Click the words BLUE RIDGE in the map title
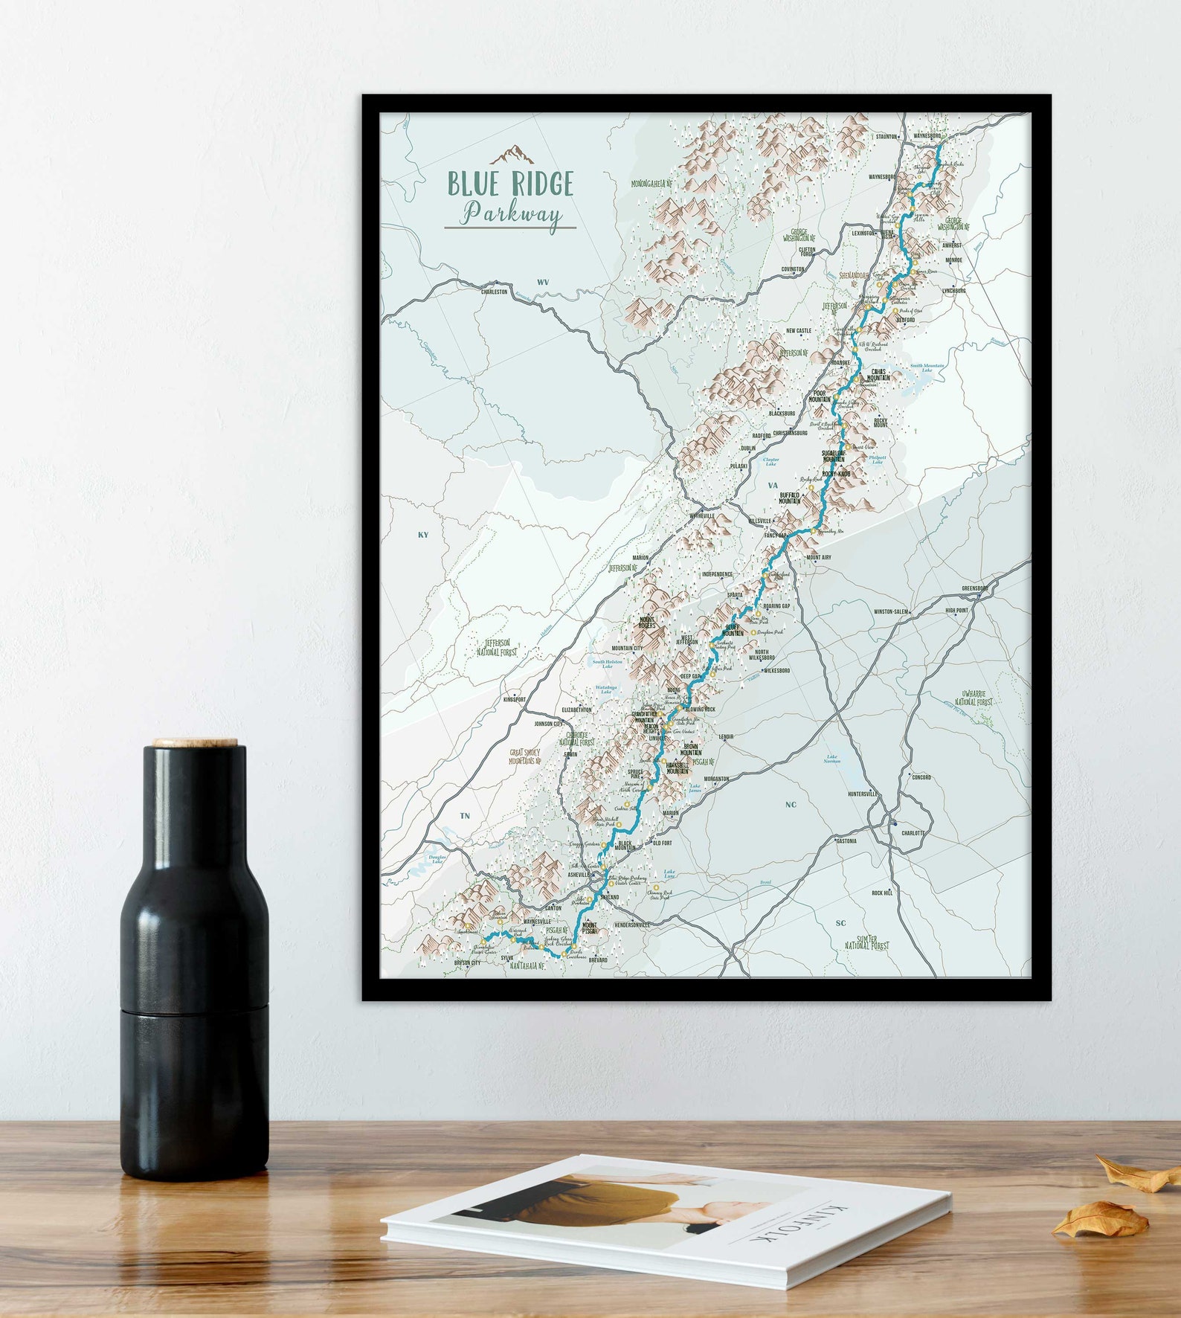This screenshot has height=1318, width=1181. (x=510, y=184)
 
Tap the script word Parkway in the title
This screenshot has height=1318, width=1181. (x=511, y=214)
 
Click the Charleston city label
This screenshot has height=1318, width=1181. (x=495, y=292)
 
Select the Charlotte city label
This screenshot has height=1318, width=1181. (x=913, y=833)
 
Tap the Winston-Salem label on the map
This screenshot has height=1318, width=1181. (x=891, y=612)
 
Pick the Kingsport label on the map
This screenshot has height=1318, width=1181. (x=515, y=700)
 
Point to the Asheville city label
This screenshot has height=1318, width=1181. (x=578, y=875)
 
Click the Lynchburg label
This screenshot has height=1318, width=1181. (x=953, y=291)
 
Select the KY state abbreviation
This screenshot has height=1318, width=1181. (x=423, y=535)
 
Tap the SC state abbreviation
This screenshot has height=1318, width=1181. (x=840, y=923)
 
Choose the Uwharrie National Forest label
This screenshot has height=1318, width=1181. (x=974, y=697)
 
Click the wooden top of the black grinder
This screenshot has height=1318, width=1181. (x=196, y=742)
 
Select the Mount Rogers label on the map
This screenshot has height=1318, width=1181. (x=647, y=622)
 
